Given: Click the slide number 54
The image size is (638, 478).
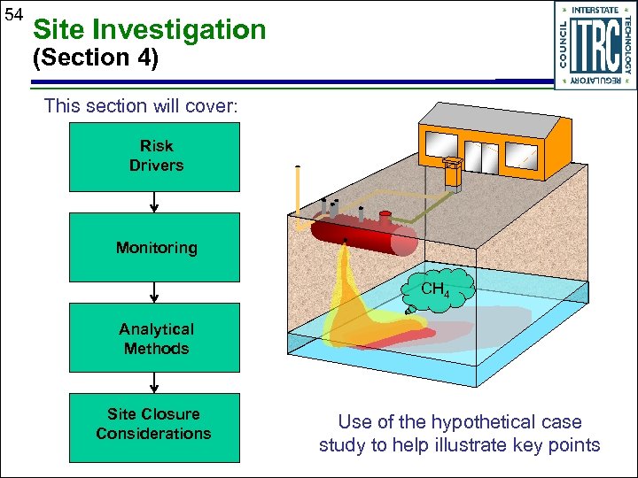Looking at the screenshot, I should [13, 15].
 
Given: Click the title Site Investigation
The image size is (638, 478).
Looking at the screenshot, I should [149, 29].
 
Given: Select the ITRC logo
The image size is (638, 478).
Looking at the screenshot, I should [595, 45].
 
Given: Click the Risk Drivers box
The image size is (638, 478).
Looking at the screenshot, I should [155, 157].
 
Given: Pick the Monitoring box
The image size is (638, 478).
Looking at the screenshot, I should [155, 248].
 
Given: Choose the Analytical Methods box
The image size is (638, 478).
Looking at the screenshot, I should [155, 338].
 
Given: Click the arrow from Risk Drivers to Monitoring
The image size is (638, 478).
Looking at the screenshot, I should [155, 203].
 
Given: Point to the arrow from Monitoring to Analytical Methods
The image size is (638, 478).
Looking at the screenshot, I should [155, 293].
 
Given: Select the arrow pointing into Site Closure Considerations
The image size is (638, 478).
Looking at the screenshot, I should [155, 382].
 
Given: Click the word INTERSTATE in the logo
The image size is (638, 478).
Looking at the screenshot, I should [595, 10].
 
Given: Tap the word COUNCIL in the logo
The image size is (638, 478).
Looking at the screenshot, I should [564, 45].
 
